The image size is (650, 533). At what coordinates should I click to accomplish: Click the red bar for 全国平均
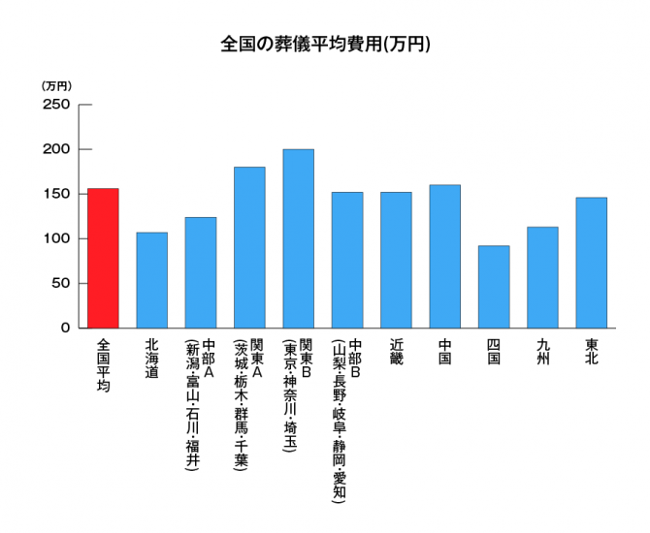coord(103,258)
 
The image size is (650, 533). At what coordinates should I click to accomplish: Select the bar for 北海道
coord(151,280)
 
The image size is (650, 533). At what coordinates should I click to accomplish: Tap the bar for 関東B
coord(298,238)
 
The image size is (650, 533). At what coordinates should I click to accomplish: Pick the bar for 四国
coord(493,287)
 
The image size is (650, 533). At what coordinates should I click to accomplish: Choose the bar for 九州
coord(542,277)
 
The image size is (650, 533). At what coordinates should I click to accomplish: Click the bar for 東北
coord(591,263)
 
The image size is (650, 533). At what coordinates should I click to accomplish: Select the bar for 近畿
coord(396,260)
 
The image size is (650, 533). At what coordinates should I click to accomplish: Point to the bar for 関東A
coord(249,247)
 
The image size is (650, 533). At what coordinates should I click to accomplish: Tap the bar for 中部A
coord(201,272)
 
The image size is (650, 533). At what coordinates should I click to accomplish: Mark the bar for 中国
coord(444,256)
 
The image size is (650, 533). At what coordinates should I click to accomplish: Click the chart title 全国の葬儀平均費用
coord(325,44)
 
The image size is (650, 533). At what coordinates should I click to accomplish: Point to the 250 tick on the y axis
coord(57,105)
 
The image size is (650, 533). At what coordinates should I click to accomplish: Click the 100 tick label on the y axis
coord(57,238)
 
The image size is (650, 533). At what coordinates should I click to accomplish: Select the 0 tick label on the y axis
coord(66,328)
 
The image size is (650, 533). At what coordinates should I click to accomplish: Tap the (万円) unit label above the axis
coord(57,86)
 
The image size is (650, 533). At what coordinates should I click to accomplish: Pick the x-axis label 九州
coord(542,351)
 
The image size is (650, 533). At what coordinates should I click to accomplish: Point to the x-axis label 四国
coord(493,351)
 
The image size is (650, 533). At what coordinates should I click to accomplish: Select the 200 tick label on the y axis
coord(57,149)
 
